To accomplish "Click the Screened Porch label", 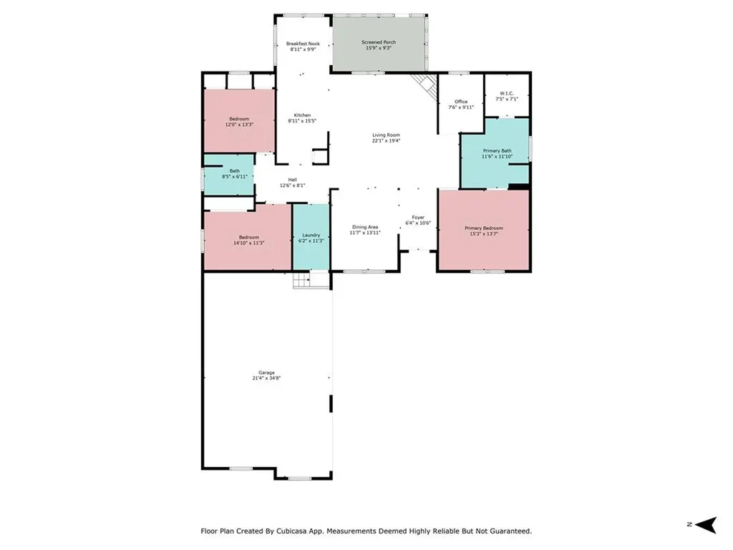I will point(378,42).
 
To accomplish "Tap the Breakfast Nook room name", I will point(302,44).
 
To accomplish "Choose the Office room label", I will point(461,102).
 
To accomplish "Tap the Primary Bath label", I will point(497,150).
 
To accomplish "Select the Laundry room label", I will point(311,235).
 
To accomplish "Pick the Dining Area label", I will point(364,227).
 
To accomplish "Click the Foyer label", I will point(418,217).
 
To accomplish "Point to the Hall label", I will point(292,180).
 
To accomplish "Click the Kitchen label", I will point(302,115).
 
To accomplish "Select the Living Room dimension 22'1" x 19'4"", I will point(386,141).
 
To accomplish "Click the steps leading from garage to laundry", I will point(302,280).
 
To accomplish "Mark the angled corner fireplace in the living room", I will point(427,87).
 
